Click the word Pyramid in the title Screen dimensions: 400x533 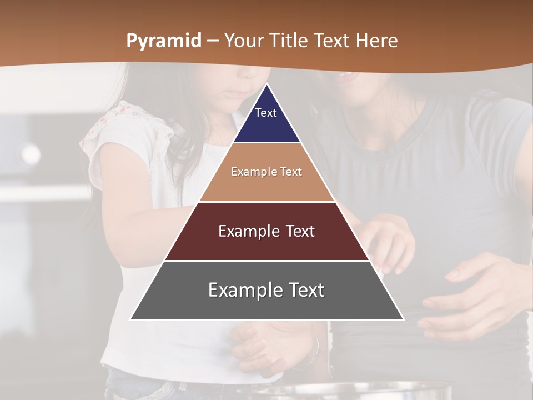pos(163,41)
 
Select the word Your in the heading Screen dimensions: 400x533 pos(244,41)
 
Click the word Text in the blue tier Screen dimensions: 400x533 pos(266,113)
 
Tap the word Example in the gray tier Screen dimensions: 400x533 pos(240,290)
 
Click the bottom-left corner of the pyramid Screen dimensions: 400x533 pos(130,319)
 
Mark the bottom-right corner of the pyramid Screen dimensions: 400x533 pos(404,319)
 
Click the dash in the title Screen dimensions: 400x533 pos(213,41)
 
